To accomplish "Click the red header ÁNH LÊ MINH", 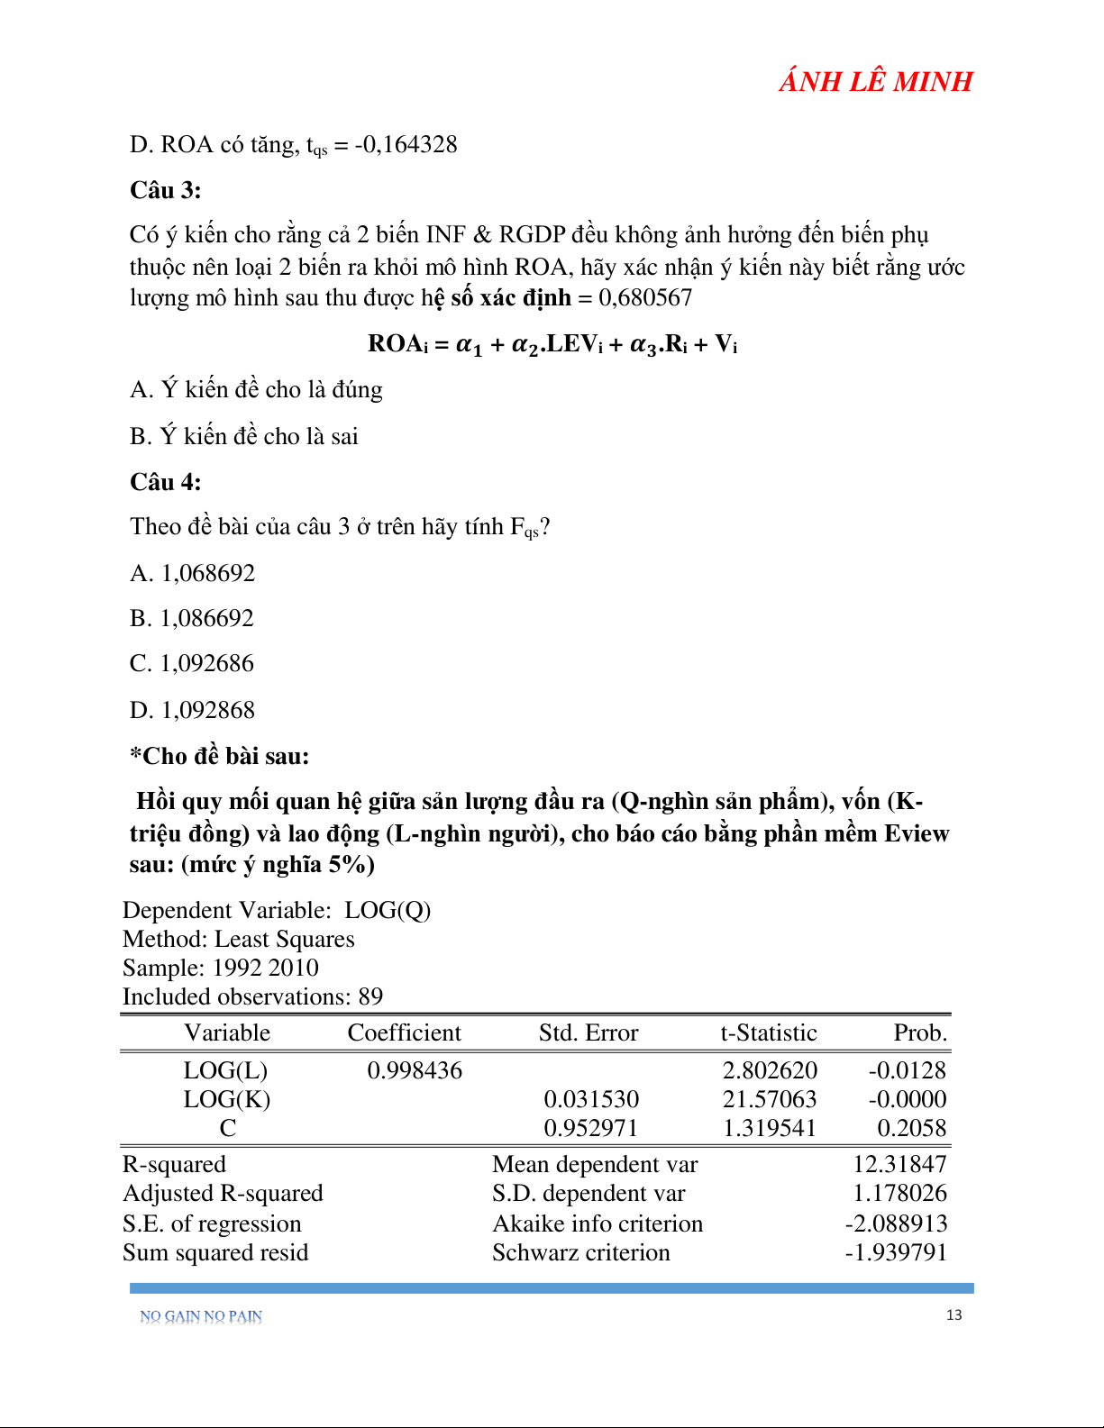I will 875,82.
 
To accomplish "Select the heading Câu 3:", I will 166,190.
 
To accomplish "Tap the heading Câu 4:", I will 166,482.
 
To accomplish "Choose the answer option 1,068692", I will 207,573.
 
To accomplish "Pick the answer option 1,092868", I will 207,710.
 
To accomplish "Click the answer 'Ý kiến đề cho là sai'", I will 259,436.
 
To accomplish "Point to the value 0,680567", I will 645,298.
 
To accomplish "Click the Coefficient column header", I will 404,1032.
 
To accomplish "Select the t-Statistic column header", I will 768,1032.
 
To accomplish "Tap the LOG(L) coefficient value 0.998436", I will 415,1070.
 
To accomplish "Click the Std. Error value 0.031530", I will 591,1099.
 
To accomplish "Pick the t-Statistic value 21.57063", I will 770,1099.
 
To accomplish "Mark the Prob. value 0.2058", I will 912,1128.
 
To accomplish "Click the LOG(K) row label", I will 227,1099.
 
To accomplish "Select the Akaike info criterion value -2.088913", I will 896,1223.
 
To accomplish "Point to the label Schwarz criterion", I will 581,1252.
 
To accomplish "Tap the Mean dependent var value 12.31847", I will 899,1164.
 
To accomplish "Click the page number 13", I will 953,1315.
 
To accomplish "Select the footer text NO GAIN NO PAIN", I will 201,1316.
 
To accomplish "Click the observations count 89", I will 370,996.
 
